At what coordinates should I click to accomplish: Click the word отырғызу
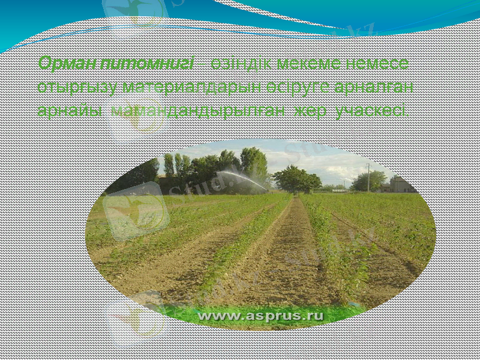pos(77,87)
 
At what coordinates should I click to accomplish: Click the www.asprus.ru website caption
pos(261,315)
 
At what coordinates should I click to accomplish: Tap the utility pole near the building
pos(368,177)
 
